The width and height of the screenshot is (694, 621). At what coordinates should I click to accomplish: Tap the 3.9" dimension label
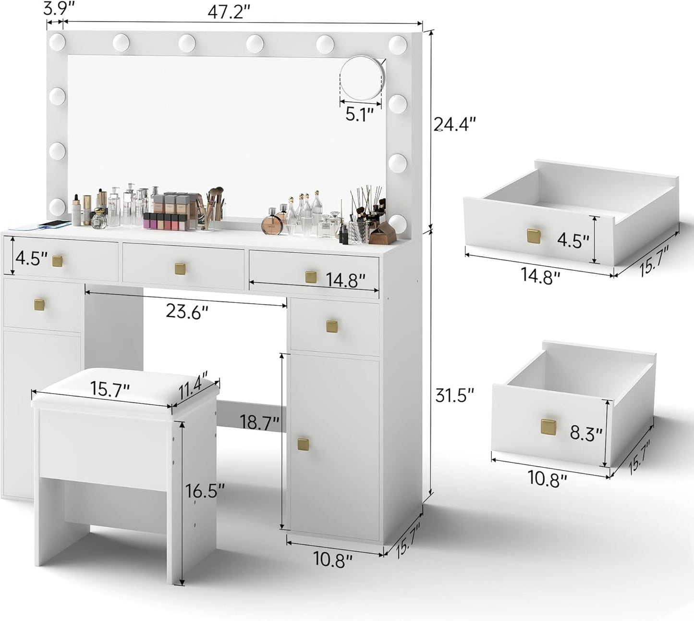pyautogui.click(x=54, y=8)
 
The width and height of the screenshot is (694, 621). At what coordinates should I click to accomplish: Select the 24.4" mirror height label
pyautogui.click(x=454, y=124)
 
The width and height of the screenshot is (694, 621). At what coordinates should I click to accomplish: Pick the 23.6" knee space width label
pyautogui.click(x=187, y=311)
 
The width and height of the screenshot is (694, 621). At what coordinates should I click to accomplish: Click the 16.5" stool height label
pyautogui.click(x=206, y=491)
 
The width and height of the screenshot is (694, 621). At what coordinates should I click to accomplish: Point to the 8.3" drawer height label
pyautogui.click(x=586, y=435)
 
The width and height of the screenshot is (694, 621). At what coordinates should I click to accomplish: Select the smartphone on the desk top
pyautogui.click(x=54, y=224)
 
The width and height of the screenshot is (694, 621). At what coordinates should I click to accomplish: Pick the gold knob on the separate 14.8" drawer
pyautogui.click(x=533, y=236)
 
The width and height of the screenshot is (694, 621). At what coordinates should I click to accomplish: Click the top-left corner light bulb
pyautogui.click(x=57, y=43)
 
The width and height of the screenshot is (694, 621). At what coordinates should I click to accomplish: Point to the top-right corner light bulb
pyautogui.click(x=398, y=44)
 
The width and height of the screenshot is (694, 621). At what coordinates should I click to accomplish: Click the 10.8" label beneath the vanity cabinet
pyautogui.click(x=333, y=560)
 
